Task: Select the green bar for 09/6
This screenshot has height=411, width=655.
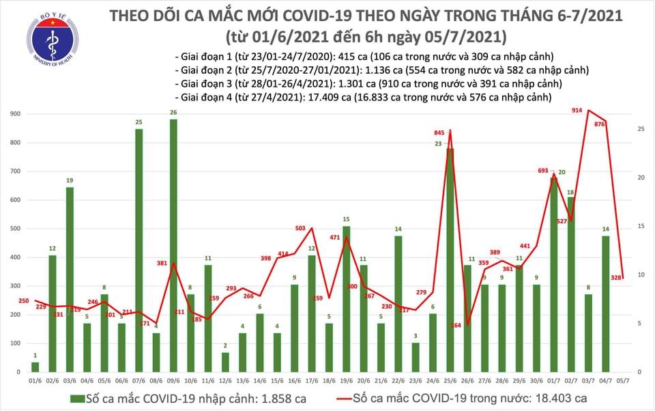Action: pyautogui.click(x=173, y=246)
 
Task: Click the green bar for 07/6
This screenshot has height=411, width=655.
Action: pyautogui.click(x=139, y=250)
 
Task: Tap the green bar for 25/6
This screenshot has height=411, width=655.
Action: pyautogui.click(x=450, y=259)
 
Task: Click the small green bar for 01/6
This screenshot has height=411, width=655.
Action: pyautogui.click(x=35, y=367)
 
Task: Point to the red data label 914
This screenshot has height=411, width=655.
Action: pyautogui.click(x=578, y=109)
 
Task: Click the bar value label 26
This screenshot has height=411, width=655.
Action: pyautogui.click(x=173, y=112)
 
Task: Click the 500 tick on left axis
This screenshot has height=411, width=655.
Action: pyautogui.click(x=14, y=229)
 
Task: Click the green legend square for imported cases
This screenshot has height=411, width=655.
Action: pyautogui.click(x=81, y=397)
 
